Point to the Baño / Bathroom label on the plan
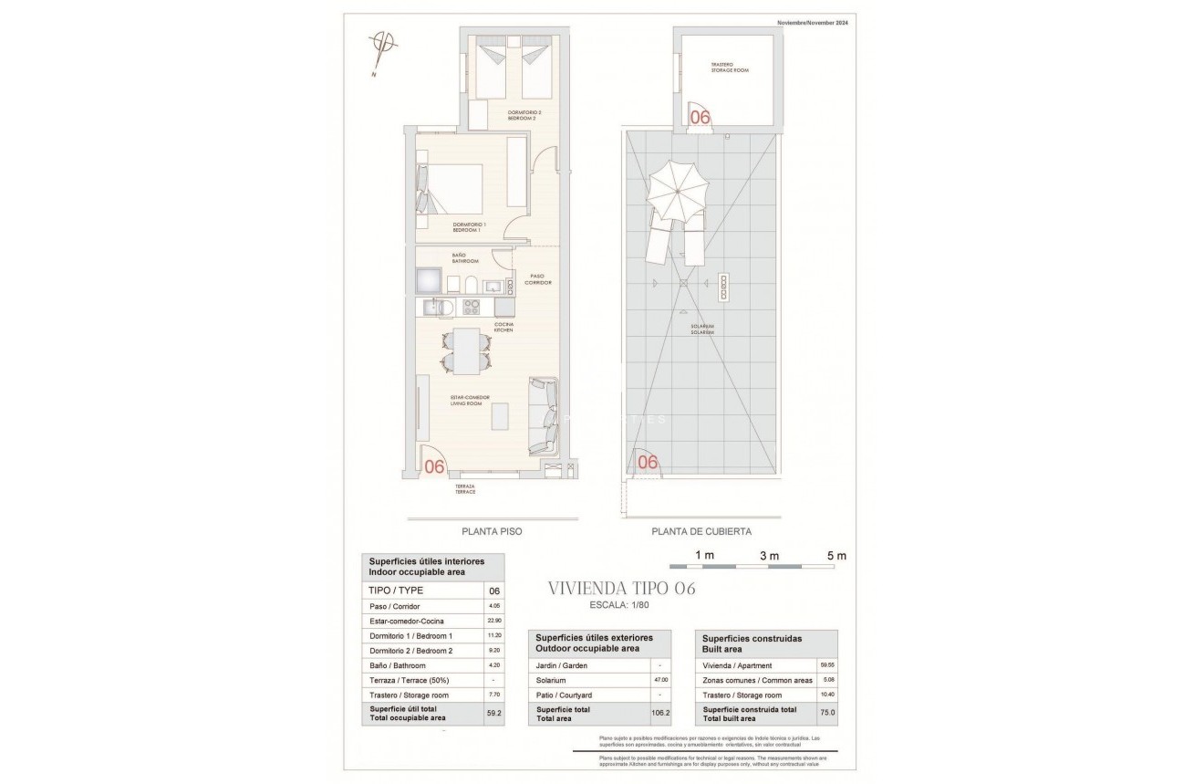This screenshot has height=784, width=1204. point(465,259)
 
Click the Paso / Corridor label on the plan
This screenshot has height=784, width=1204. point(538,278)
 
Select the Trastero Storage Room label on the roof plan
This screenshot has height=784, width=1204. point(730,67)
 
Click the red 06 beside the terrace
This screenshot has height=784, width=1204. point(435,466)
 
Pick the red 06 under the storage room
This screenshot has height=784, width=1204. point(700,117)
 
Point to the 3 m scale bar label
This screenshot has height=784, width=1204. point(770,555)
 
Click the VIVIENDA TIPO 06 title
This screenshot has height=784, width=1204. point(621,589)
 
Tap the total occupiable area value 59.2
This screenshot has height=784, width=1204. point(494,713)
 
